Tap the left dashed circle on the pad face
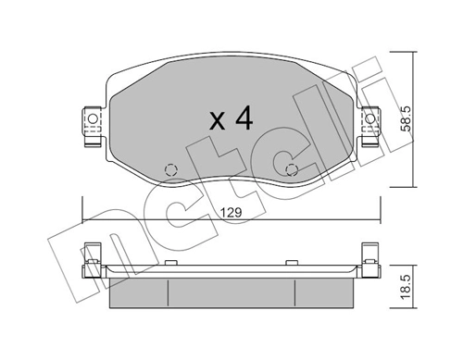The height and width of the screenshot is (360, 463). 170,169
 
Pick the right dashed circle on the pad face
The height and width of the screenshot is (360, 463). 293,169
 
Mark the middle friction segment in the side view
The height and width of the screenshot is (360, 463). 231,295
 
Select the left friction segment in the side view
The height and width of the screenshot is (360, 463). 139,295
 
